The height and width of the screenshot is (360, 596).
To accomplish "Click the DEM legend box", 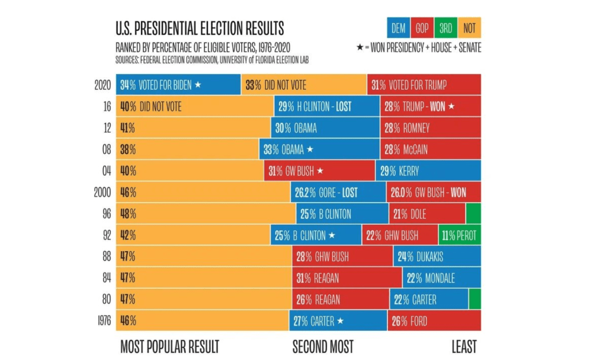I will [x=398, y=27].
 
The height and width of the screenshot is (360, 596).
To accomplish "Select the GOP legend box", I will [x=422, y=27].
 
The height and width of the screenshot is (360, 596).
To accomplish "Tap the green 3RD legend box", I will [x=445, y=27].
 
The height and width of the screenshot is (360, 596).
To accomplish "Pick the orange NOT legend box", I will [x=469, y=27].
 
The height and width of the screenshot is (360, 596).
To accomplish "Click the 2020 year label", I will [x=103, y=85].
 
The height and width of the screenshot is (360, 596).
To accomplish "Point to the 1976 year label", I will [x=104, y=320].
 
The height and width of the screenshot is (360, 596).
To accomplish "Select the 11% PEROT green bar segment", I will [x=460, y=235].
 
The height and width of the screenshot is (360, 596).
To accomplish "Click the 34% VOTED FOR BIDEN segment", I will [x=178, y=85].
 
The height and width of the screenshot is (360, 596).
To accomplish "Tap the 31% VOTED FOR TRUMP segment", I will [x=424, y=85].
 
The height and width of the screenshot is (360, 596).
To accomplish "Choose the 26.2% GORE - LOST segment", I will [x=338, y=192].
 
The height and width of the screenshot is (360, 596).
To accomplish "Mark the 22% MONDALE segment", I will [x=441, y=278].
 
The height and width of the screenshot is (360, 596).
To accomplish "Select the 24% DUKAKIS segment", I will [x=437, y=257].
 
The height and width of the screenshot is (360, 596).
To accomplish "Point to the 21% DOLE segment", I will [x=427, y=214].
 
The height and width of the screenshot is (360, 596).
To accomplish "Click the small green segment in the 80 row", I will [x=474, y=299].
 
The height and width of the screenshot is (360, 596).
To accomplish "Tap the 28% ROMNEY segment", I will [x=430, y=128].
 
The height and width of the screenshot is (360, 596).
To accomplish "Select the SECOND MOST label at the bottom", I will [x=323, y=347].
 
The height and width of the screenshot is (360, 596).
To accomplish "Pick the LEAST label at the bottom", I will [x=464, y=347].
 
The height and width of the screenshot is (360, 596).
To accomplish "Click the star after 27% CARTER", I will [x=340, y=321].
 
